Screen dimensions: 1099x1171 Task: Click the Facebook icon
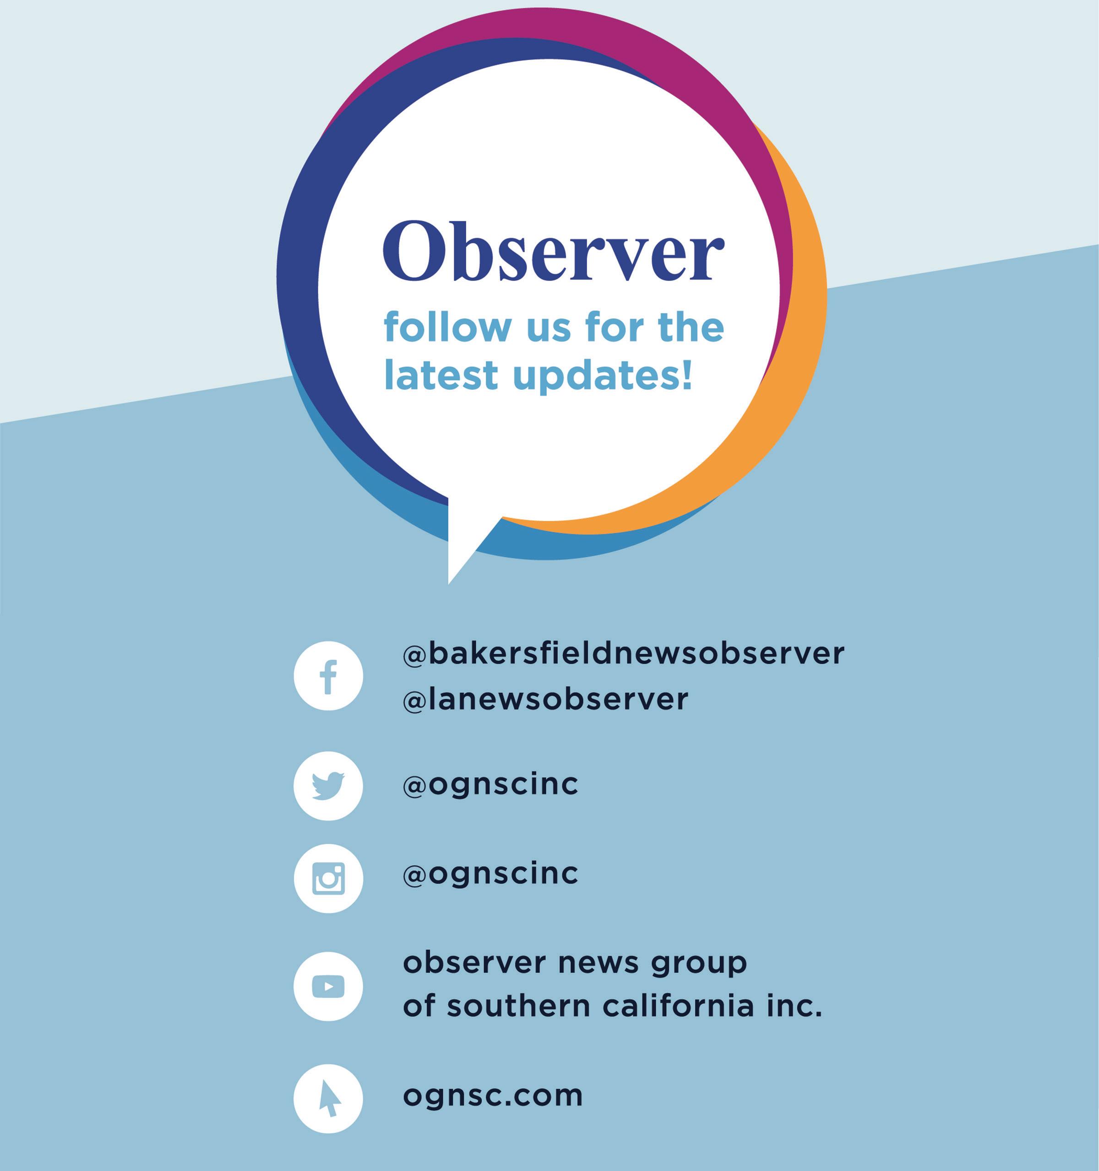coord(328,676)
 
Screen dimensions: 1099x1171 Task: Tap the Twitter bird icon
coord(328,786)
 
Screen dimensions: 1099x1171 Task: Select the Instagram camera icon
coord(328,878)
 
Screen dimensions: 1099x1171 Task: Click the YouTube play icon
coord(328,986)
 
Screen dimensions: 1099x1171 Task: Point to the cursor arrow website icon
coord(328,1099)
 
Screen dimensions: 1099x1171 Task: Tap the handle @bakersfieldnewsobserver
coord(623,653)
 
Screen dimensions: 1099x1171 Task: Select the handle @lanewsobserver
coord(545,699)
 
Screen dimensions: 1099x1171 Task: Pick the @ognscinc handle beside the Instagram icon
coord(490,874)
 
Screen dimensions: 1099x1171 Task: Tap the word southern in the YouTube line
coord(518,1006)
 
